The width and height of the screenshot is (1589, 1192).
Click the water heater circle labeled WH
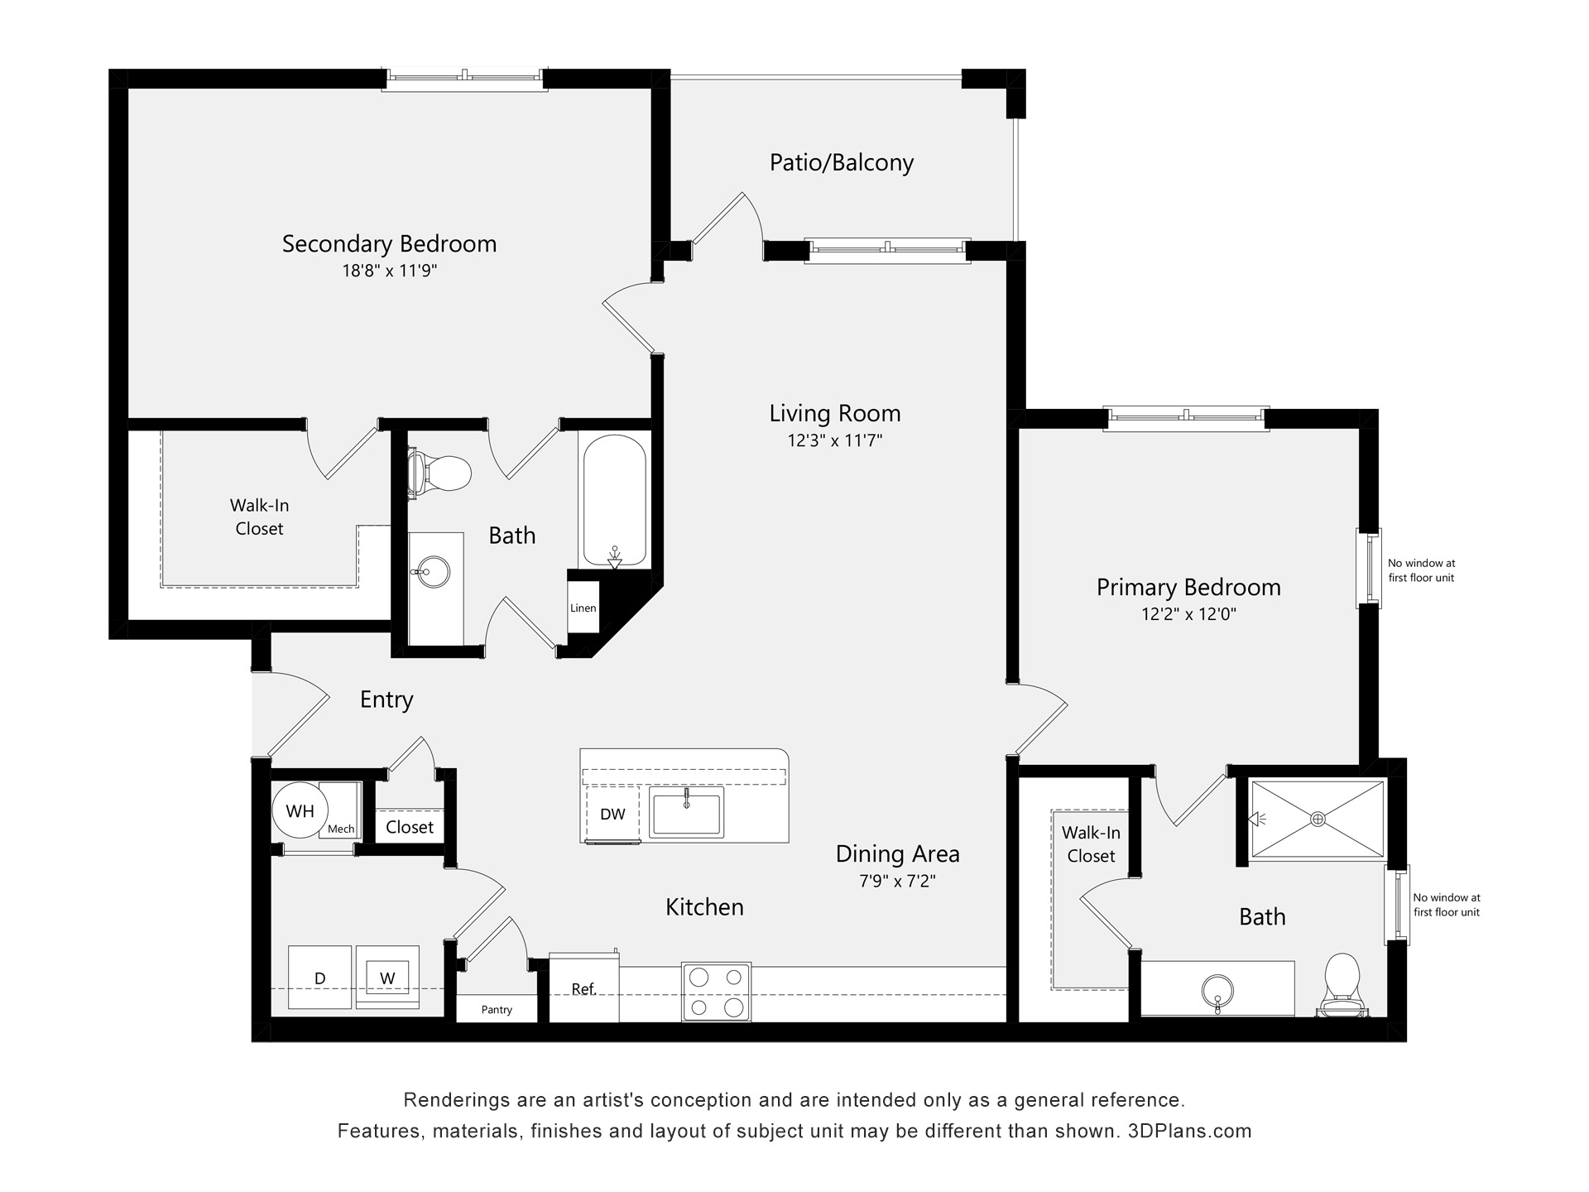[300, 811]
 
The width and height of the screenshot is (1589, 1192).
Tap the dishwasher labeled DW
[612, 815]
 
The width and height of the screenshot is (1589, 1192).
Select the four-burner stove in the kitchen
[716, 992]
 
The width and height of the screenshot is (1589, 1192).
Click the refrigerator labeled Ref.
[583, 989]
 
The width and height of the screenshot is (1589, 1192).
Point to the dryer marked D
[320, 978]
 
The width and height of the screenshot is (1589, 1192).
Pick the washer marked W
[387, 978]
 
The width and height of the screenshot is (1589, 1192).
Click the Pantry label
[497, 1010]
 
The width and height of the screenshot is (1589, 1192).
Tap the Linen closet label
[583, 608]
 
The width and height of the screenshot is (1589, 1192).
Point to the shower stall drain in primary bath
[1318, 819]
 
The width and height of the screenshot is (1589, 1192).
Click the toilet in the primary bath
[1342, 985]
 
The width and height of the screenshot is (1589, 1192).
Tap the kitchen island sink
[686, 811]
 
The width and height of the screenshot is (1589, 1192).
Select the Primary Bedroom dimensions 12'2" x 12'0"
[1188, 614]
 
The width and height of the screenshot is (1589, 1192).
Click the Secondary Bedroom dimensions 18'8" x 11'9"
[389, 271]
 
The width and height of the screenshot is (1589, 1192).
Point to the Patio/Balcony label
[841, 162]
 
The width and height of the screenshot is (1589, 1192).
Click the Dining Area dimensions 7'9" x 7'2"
[897, 881]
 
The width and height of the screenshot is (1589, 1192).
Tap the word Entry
[386, 700]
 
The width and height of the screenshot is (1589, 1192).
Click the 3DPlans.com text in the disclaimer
[1189, 1131]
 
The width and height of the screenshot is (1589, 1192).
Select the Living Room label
[834, 413]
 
